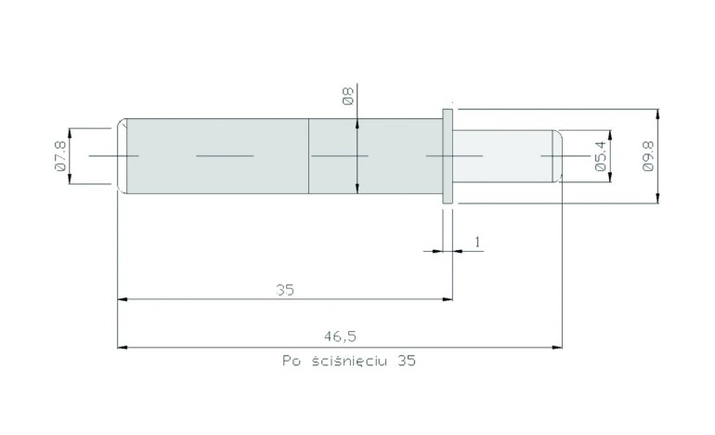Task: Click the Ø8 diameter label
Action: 348,97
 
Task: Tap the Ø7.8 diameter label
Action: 60,155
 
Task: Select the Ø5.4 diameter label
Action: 601,155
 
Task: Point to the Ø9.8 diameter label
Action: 647,155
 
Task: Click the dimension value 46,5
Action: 340,336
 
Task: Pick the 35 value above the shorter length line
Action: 285,290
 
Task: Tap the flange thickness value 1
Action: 477,242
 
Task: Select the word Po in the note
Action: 291,361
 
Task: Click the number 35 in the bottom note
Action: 407,361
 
